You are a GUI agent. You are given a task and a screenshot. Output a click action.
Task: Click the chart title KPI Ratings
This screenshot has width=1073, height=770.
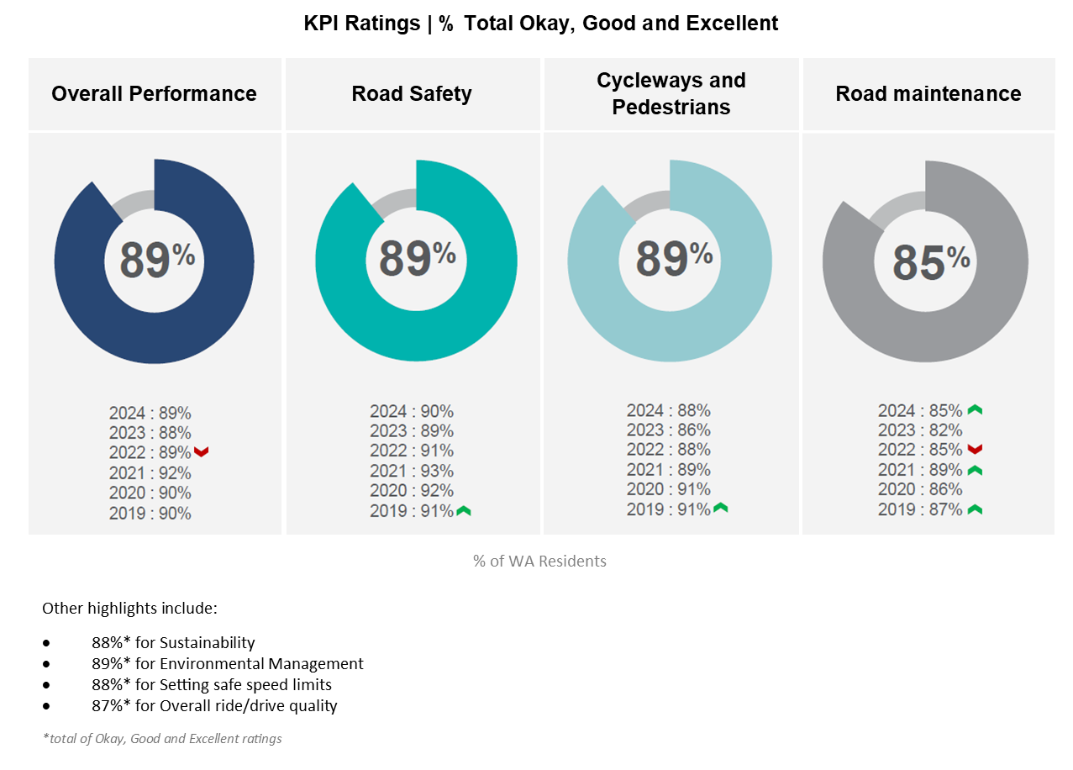coord(540,24)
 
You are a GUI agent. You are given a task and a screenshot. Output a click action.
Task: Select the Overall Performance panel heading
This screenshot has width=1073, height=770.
coord(154,93)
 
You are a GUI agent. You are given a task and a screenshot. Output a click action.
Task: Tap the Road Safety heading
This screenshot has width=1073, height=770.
coord(412,93)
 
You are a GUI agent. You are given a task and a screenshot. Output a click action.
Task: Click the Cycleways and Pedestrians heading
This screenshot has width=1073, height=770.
coord(671,93)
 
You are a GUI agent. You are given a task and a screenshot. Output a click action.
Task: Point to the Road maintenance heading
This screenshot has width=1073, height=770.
coord(928,93)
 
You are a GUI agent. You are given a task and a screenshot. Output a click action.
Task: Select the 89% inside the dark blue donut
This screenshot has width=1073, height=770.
coord(156,259)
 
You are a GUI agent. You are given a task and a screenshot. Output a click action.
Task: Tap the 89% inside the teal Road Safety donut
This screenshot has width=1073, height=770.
coord(416,258)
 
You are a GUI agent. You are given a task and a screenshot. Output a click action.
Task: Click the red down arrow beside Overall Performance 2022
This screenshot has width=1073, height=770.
coord(201,452)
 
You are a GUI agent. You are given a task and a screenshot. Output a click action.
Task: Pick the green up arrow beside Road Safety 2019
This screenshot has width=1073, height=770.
coord(464,510)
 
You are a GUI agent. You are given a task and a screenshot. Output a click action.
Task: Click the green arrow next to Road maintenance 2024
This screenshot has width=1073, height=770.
coord(975,410)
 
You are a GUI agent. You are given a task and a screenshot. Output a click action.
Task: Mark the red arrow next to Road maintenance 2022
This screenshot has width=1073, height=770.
coord(975,450)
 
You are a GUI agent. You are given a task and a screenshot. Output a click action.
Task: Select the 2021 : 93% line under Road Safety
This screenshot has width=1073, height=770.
coord(412,471)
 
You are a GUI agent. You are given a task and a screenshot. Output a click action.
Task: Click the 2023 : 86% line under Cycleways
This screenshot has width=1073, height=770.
coord(668,430)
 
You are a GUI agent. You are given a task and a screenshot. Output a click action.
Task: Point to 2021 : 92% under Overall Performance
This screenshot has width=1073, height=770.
coord(150,473)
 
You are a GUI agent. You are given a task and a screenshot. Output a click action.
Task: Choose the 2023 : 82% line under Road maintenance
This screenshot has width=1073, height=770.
coord(920,430)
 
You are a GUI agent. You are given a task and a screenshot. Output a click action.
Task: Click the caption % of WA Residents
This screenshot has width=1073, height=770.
coord(539,561)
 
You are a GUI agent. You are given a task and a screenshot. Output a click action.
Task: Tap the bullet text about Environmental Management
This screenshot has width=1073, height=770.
coord(228,663)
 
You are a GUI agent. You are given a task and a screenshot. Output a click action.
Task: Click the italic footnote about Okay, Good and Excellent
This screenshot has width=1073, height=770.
coord(162,739)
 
